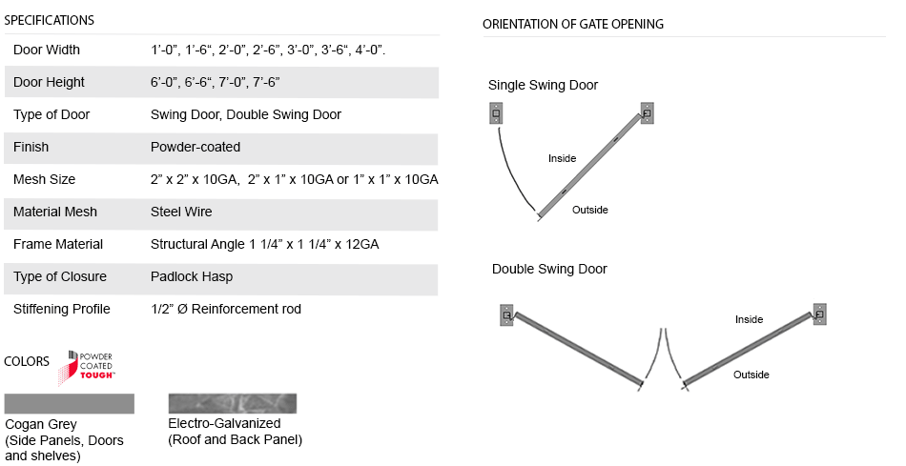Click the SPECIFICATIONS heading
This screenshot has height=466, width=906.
click(x=49, y=20)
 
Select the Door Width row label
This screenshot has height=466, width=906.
click(x=47, y=50)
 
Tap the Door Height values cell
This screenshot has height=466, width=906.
click(x=215, y=82)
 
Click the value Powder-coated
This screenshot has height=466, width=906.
click(x=196, y=147)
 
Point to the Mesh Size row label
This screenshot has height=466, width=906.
click(x=44, y=179)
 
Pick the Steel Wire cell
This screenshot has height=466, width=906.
click(x=181, y=212)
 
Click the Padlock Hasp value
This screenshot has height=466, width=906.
click(x=192, y=276)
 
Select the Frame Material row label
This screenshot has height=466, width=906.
click(x=58, y=244)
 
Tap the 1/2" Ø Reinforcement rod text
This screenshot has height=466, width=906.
click(x=226, y=309)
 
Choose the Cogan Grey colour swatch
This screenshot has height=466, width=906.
click(x=69, y=403)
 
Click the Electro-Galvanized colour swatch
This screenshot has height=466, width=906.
click(x=232, y=402)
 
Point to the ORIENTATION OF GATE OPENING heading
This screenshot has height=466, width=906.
click(x=573, y=24)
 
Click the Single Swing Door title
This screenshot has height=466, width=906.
click(x=543, y=85)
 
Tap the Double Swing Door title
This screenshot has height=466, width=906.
click(x=549, y=269)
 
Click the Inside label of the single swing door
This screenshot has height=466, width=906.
click(x=562, y=158)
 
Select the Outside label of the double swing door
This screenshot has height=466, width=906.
click(x=751, y=375)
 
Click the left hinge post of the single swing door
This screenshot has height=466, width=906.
click(x=495, y=114)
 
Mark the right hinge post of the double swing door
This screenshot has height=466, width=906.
click(x=819, y=314)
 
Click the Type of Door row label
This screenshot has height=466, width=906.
click(x=51, y=114)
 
